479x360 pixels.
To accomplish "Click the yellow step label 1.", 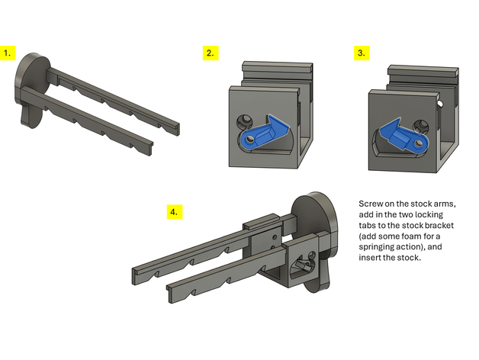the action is coord(8,53).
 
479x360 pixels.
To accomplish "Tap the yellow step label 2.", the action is coord(211,53).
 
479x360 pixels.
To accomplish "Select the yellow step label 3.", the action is coord(362,53).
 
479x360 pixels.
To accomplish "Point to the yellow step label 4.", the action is coord(175,212).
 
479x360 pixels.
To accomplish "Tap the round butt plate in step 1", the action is coord(32,88).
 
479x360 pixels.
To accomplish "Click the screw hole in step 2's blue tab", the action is coord(249,140).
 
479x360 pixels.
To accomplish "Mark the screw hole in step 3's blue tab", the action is coord(418,143).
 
